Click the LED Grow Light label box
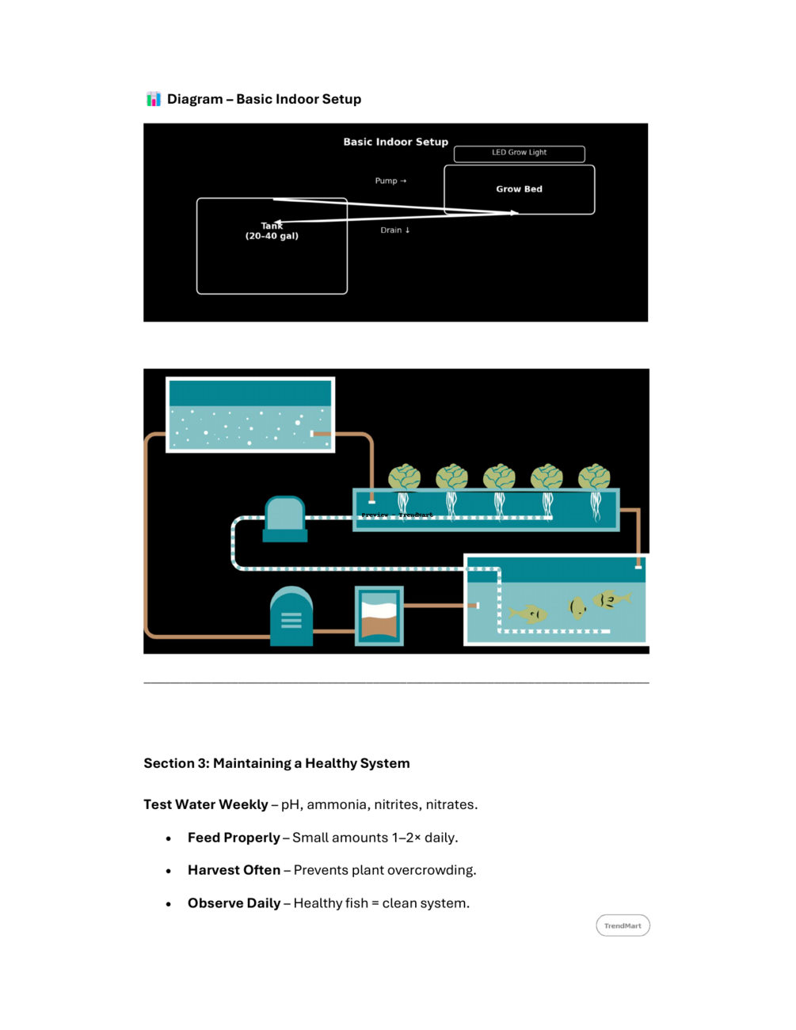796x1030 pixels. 519,154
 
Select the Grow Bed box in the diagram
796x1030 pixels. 519,189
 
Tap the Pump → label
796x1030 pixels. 390,181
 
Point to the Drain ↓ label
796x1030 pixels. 395,230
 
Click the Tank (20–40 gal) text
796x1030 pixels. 272,231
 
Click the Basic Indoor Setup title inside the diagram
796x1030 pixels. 395,142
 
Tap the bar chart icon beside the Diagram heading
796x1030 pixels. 154,99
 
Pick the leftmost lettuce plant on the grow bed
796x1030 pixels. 404,477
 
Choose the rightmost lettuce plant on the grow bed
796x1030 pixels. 594,477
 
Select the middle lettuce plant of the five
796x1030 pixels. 499,477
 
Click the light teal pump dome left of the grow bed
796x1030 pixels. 284,514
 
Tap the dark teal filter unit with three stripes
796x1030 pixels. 291,618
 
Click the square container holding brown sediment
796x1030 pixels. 379,616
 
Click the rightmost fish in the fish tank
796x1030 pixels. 610,600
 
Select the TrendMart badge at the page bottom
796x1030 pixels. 623,925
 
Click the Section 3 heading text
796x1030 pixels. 276,763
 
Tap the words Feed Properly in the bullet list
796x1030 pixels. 234,838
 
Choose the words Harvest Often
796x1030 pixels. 234,870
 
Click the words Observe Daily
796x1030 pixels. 234,903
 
